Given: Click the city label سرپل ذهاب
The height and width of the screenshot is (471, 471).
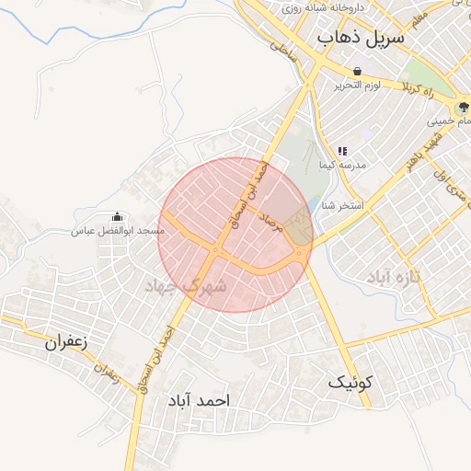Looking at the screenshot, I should [362, 38].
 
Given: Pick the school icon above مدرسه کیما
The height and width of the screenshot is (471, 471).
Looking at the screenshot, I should [341, 150].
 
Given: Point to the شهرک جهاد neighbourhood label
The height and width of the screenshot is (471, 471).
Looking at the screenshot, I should [190, 288].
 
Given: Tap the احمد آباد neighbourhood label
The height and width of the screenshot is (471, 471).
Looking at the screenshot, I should [197, 402].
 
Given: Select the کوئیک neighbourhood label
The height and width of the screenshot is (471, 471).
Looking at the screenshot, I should [350, 380].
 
